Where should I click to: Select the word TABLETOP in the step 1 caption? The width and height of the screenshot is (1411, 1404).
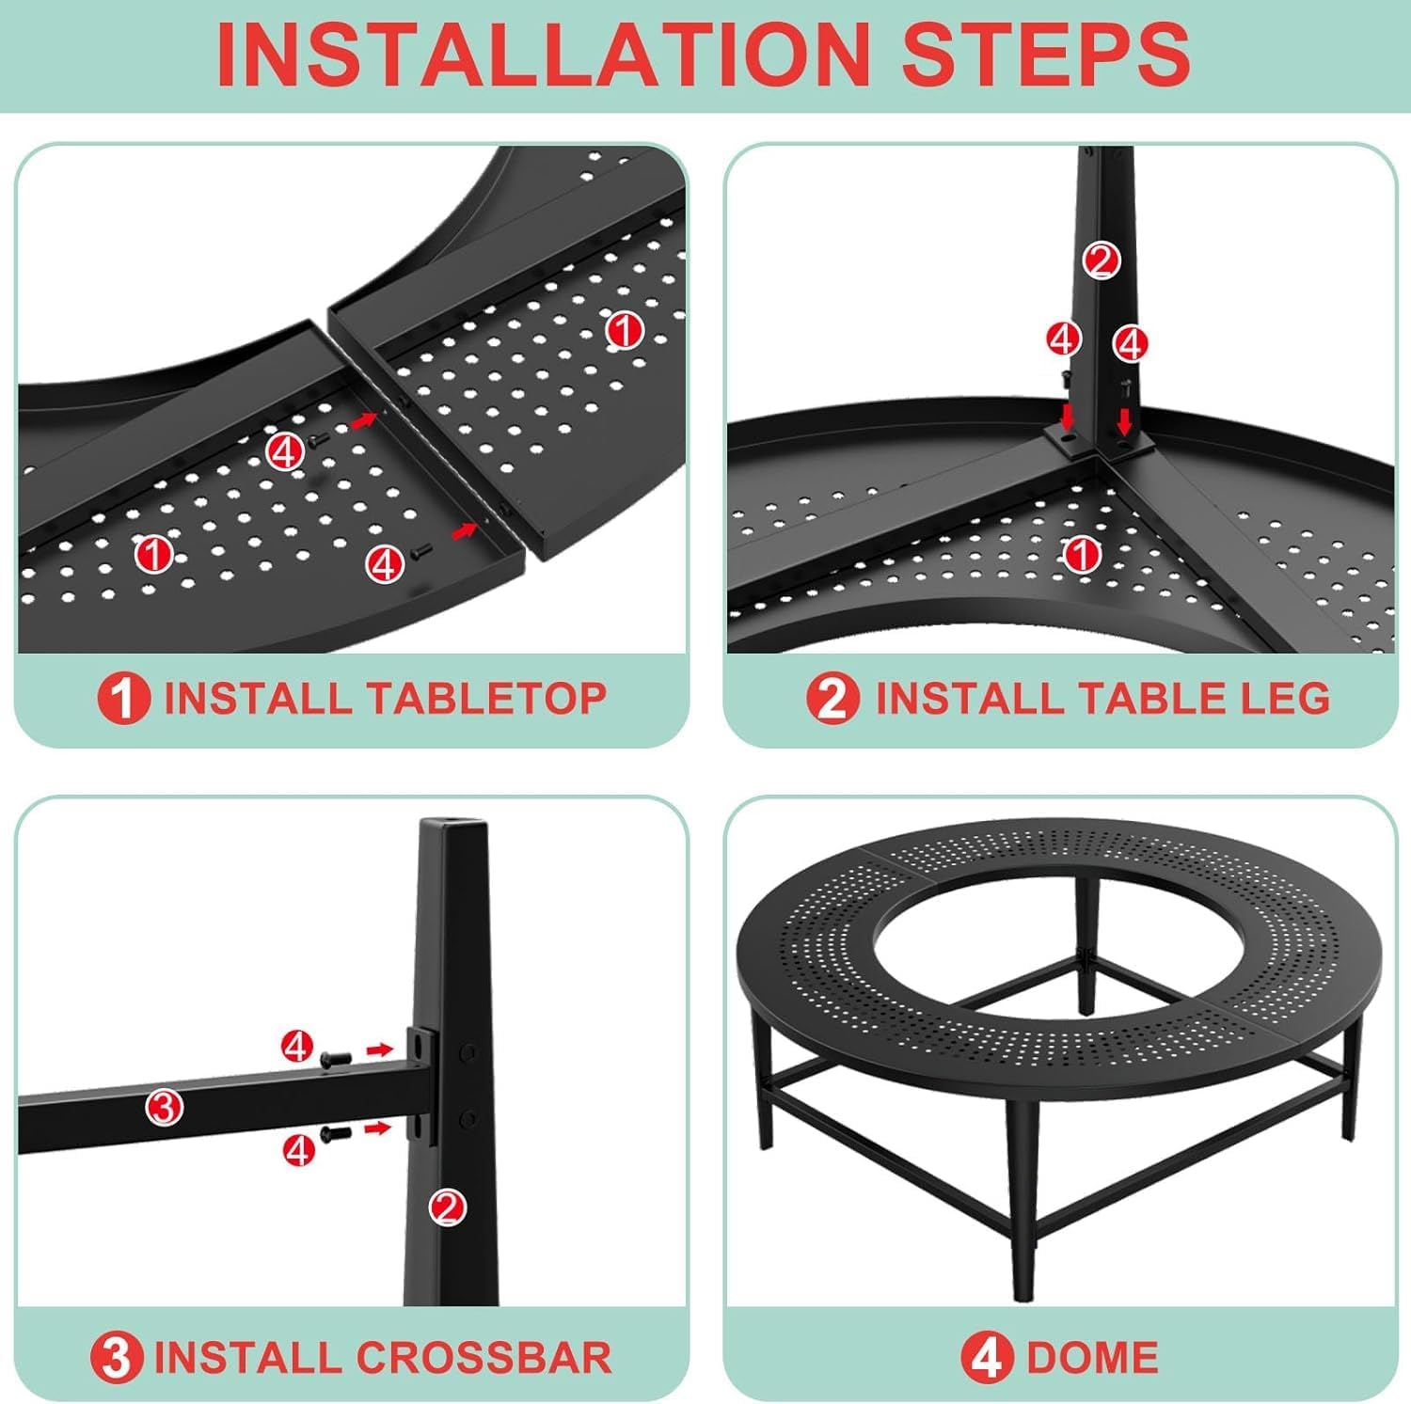point(486,699)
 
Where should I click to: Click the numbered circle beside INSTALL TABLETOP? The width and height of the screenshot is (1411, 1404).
point(123,699)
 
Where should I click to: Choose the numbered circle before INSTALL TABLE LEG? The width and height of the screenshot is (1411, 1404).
point(832,699)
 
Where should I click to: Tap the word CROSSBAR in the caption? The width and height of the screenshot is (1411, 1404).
point(484,1358)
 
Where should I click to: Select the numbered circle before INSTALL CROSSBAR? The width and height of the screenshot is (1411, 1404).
point(117,1358)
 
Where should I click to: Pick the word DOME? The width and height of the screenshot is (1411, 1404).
point(1092,1358)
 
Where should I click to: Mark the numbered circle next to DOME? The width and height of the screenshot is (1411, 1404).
point(988,1358)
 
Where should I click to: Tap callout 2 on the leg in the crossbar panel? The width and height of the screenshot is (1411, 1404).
point(448,1207)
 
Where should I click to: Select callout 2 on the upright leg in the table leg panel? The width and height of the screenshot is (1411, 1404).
point(1101,260)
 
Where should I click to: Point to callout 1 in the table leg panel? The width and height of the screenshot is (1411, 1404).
point(1082,555)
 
